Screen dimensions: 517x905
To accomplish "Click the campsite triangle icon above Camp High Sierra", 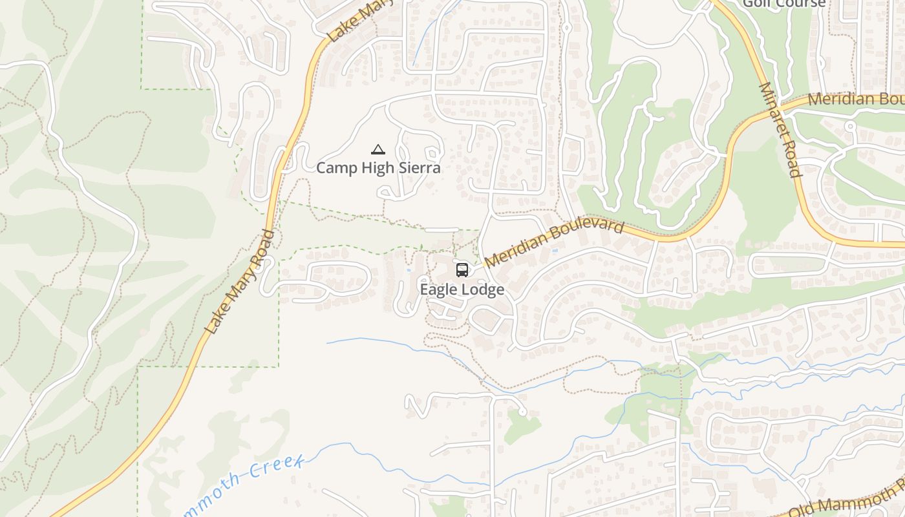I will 378,150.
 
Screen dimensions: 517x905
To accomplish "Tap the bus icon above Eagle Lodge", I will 462,270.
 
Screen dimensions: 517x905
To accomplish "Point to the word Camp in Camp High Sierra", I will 334,168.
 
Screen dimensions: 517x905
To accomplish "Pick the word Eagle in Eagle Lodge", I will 440,290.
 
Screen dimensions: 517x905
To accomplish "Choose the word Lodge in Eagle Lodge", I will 484,290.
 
